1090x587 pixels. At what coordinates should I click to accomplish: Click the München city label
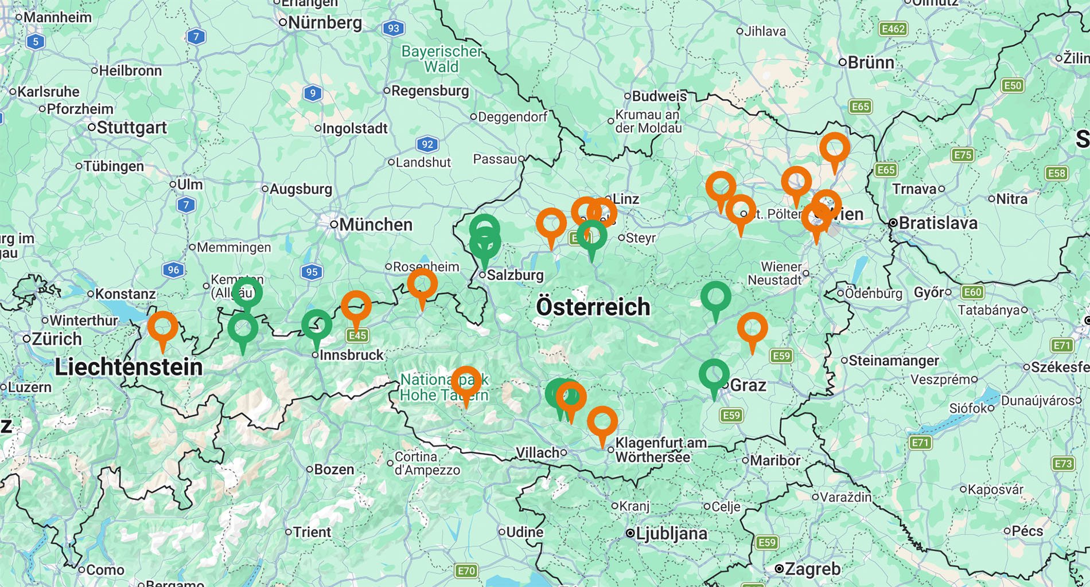375,225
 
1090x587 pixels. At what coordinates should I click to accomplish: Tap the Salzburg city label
515,275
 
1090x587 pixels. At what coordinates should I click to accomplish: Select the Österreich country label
593,307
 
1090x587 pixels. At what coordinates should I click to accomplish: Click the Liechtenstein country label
129,367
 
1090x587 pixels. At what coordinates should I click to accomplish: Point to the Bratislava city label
937,223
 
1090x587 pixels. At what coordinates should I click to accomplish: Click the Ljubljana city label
671,534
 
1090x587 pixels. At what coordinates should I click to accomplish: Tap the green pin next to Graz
714,375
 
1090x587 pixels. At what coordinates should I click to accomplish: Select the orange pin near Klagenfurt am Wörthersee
602,422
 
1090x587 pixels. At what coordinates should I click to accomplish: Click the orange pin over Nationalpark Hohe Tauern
466,382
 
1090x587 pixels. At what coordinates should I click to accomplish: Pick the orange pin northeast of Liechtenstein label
163,327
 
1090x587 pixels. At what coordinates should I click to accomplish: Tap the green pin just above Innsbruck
317,326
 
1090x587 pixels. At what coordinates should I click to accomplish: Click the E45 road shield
357,335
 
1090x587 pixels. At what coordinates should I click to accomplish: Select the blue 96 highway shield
173,270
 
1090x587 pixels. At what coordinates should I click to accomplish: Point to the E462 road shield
893,29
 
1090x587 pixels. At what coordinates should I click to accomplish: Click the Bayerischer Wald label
441,59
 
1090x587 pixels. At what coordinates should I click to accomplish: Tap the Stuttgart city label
131,128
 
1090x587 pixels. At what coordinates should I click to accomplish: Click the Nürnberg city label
325,23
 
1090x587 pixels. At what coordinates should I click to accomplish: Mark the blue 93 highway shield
393,28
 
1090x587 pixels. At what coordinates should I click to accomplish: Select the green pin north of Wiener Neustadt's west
715,298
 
